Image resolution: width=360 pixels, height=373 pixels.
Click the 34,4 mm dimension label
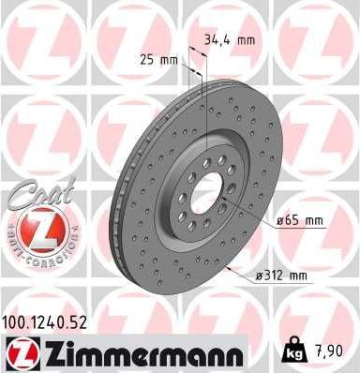click(x=230, y=39)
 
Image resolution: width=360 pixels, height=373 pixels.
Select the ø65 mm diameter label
click(x=299, y=221)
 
